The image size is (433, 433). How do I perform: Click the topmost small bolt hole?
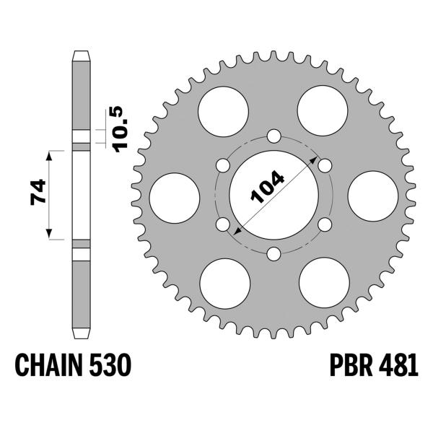click(x=274, y=136)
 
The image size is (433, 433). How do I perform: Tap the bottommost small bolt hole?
click(x=274, y=253)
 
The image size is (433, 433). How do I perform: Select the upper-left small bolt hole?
click(x=222, y=165)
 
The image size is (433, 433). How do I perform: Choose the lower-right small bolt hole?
click(x=324, y=224)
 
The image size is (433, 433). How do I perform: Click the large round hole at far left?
click(x=174, y=195)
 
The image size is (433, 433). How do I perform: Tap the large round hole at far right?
click(x=373, y=195)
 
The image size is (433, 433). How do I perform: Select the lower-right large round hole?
click(x=323, y=280)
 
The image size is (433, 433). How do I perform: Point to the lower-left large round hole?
click(x=224, y=280)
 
